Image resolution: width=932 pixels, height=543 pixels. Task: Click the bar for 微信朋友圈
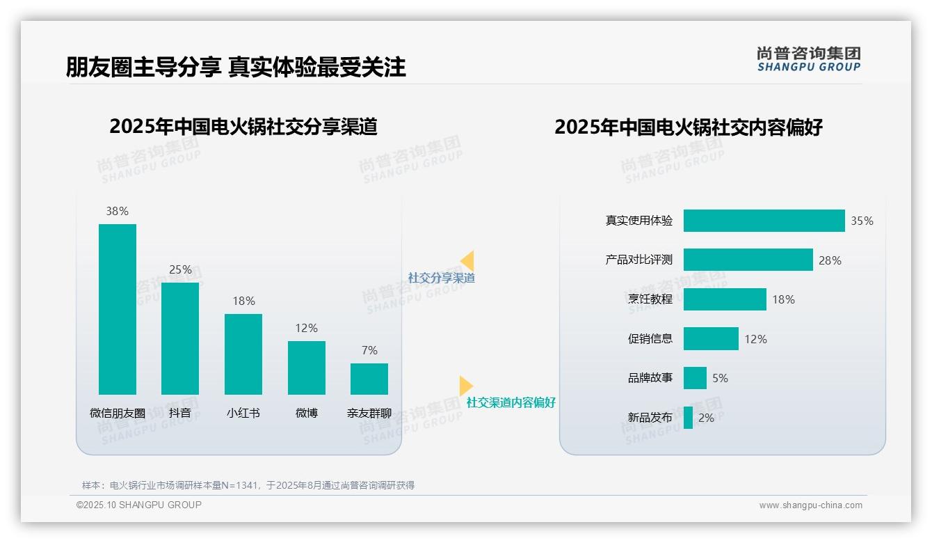[118, 309]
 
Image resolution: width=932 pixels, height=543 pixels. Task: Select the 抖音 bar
[180, 338]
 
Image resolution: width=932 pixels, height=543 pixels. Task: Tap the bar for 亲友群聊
[369, 379]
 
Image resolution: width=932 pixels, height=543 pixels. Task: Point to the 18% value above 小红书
[243, 301]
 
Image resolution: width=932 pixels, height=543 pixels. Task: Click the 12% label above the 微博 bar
[307, 328]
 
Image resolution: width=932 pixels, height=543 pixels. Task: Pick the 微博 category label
[307, 413]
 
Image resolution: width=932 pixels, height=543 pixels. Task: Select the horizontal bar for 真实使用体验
[764, 221]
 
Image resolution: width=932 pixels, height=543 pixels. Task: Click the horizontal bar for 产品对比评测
[748, 260]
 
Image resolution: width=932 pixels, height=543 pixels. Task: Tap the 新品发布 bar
[688, 418]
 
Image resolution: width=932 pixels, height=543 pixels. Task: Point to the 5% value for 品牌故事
[720, 378]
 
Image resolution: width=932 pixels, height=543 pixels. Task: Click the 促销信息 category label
[650, 339]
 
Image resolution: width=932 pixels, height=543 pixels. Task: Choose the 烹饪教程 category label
[650, 299]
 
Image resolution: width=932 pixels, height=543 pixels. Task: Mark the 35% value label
[862, 221]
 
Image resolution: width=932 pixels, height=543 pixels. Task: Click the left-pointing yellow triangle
[467, 261]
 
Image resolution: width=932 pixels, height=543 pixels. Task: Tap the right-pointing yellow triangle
[465, 386]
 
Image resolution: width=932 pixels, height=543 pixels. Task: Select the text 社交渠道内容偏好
[511, 402]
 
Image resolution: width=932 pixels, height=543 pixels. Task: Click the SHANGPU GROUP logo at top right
[809, 59]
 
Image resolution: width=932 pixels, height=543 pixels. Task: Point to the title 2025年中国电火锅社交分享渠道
[243, 127]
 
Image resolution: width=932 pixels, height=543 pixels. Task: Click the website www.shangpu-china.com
[810, 505]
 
